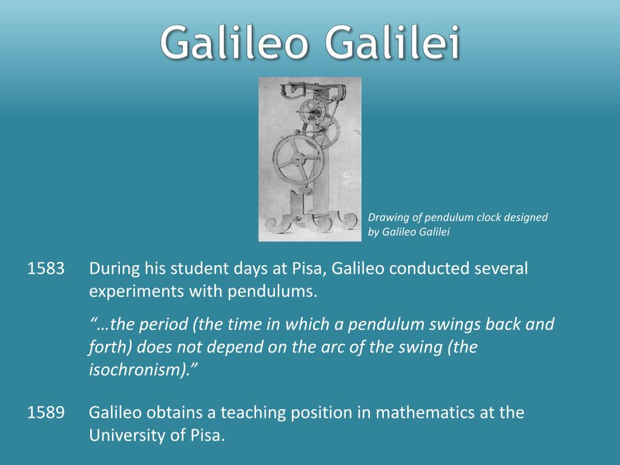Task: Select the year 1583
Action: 46,268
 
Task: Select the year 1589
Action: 46,413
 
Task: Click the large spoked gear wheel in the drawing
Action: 297,159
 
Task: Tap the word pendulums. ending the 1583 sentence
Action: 272,291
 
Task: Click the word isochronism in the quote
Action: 139,371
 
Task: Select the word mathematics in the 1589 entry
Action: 422,413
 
